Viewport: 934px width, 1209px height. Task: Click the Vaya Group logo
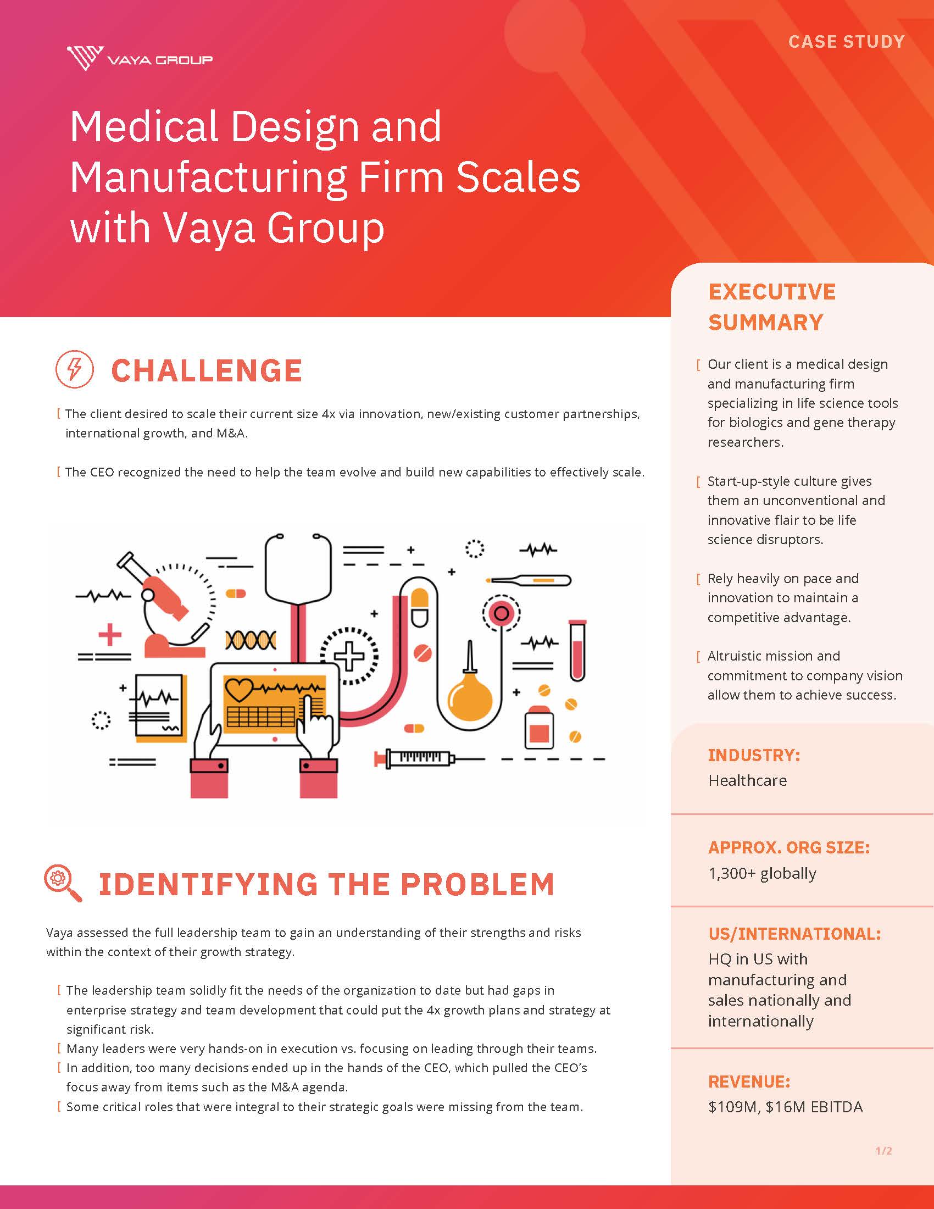point(140,58)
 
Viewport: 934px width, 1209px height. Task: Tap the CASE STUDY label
point(847,42)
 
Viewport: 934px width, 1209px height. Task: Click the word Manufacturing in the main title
point(208,178)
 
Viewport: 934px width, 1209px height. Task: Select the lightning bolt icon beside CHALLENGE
point(75,369)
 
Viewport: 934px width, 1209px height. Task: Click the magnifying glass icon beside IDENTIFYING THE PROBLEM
point(63,884)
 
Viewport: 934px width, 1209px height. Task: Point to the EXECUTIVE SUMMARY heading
point(772,307)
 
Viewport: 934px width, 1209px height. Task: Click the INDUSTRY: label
point(754,755)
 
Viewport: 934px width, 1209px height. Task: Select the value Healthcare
point(748,780)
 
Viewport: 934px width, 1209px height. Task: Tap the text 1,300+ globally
point(762,874)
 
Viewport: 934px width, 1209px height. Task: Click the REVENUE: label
point(749,1082)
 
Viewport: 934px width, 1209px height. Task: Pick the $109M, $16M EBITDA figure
point(785,1107)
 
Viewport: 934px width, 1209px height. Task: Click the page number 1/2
point(883,1151)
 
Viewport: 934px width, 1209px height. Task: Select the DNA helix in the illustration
point(251,640)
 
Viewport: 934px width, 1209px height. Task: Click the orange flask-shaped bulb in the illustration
point(469,686)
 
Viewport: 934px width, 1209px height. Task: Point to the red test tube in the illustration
point(577,650)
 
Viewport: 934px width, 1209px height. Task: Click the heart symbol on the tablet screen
point(238,689)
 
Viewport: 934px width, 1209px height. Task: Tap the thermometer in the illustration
point(529,580)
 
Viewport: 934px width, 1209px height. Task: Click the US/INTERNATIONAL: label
point(794,934)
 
